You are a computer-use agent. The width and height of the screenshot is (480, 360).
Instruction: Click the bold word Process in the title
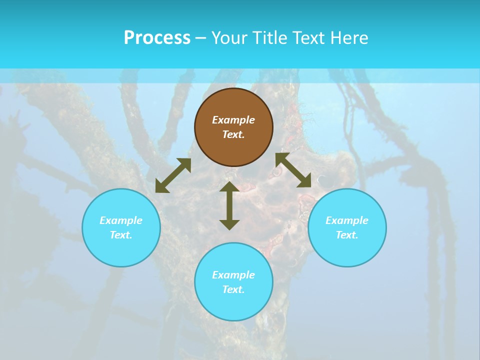click(157, 38)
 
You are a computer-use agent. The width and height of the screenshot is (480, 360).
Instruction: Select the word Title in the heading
click(269, 38)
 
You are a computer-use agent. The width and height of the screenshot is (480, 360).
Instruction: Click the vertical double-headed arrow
click(229, 205)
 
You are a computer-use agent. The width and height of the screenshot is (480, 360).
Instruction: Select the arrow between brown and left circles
click(173, 175)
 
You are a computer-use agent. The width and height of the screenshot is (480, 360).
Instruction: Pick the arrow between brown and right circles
click(293, 170)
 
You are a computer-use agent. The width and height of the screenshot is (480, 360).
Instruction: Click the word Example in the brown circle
click(233, 120)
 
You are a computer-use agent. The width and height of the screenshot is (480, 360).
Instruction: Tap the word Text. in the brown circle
click(233, 134)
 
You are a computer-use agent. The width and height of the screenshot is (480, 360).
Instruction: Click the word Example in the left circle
click(121, 220)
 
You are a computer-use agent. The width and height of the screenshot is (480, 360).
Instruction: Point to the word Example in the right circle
click(347, 220)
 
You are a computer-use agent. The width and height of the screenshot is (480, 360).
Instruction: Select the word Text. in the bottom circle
click(233, 289)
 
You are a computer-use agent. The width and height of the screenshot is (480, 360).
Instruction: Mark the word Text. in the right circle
click(347, 235)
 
